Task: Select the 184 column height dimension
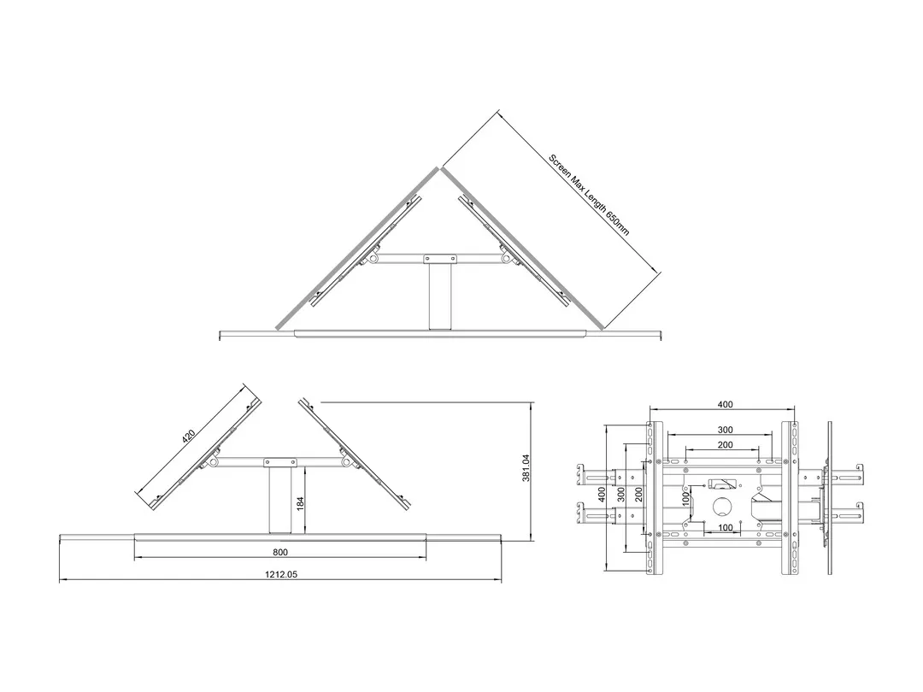(300, 503)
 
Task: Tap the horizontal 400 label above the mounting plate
(725, 404)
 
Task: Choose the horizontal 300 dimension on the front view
(725, 430)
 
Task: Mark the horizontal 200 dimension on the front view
(725, 445)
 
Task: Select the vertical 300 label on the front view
(621, 495)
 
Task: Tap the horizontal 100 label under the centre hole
(725, 528)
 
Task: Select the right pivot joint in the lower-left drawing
(346, 462)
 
